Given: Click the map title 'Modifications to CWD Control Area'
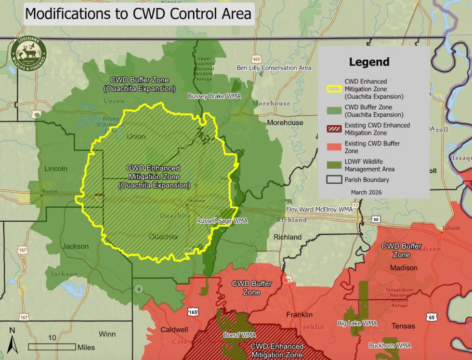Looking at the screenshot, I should [x=138, y=13].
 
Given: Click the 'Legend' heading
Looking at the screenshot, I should [x=369, y=62].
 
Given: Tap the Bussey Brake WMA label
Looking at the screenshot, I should [x=214, y=96].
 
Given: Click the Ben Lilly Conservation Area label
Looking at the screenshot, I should [x=274, y=68].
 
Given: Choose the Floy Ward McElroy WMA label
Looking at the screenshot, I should [x=319, y=210].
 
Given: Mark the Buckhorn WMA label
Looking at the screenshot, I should [x=390, y=346].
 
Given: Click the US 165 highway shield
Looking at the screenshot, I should [x=193, y=312].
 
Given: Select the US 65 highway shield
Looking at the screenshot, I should [x=431, y=317].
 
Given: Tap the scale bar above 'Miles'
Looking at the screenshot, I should [x=52, y=346].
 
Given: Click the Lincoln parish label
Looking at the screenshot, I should [x=55, y=169].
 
